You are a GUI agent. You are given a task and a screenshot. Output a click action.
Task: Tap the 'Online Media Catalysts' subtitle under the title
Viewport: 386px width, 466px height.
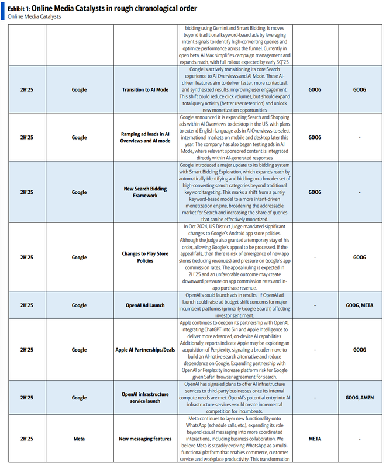click(x=34, y=16)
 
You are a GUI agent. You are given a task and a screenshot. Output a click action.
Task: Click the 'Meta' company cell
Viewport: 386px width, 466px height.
click(x=79, y=439)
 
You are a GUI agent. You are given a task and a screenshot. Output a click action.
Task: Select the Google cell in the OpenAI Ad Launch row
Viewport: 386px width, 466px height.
click(x=79, y=305)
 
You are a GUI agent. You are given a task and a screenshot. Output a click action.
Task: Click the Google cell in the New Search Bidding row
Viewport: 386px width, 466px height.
click(x=79, y=192)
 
